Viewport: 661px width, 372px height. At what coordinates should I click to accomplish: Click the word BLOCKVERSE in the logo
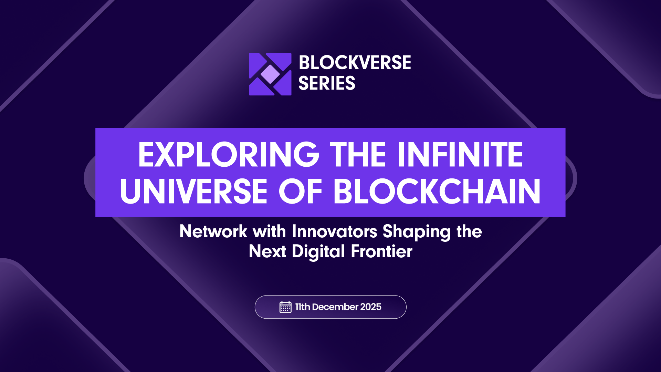click(x=355, y=63)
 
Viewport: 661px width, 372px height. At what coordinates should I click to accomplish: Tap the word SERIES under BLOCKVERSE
click(x=326, y=83)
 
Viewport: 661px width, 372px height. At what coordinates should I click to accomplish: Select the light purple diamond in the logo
click(x=270, y=74)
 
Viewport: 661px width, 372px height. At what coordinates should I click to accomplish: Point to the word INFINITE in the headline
click(x=460, y=155)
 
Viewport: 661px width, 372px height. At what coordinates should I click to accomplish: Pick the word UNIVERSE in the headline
click(x=193, y=192)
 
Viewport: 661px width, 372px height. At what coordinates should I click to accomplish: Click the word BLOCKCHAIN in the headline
click(x=437, y=192)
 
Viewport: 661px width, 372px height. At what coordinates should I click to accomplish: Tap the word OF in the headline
click(x=300, y=192)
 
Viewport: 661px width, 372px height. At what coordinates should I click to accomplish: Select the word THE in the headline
click(x=358, y=155)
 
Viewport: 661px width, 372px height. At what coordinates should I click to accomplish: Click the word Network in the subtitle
click(x=213, y=231)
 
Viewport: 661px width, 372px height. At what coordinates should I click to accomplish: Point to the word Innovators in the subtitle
click(x=334, y=231)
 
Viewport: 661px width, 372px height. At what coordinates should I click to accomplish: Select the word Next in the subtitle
click(x=267, y=251)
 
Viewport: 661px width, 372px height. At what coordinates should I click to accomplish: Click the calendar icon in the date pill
click(x=285, y=307)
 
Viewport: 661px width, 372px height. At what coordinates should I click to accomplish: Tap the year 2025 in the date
click(x=371, y=307)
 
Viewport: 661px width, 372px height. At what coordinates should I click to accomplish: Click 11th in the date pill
click(x=303, y=307)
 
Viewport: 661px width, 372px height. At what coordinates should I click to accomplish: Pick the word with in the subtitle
click(x=270, y=231)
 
